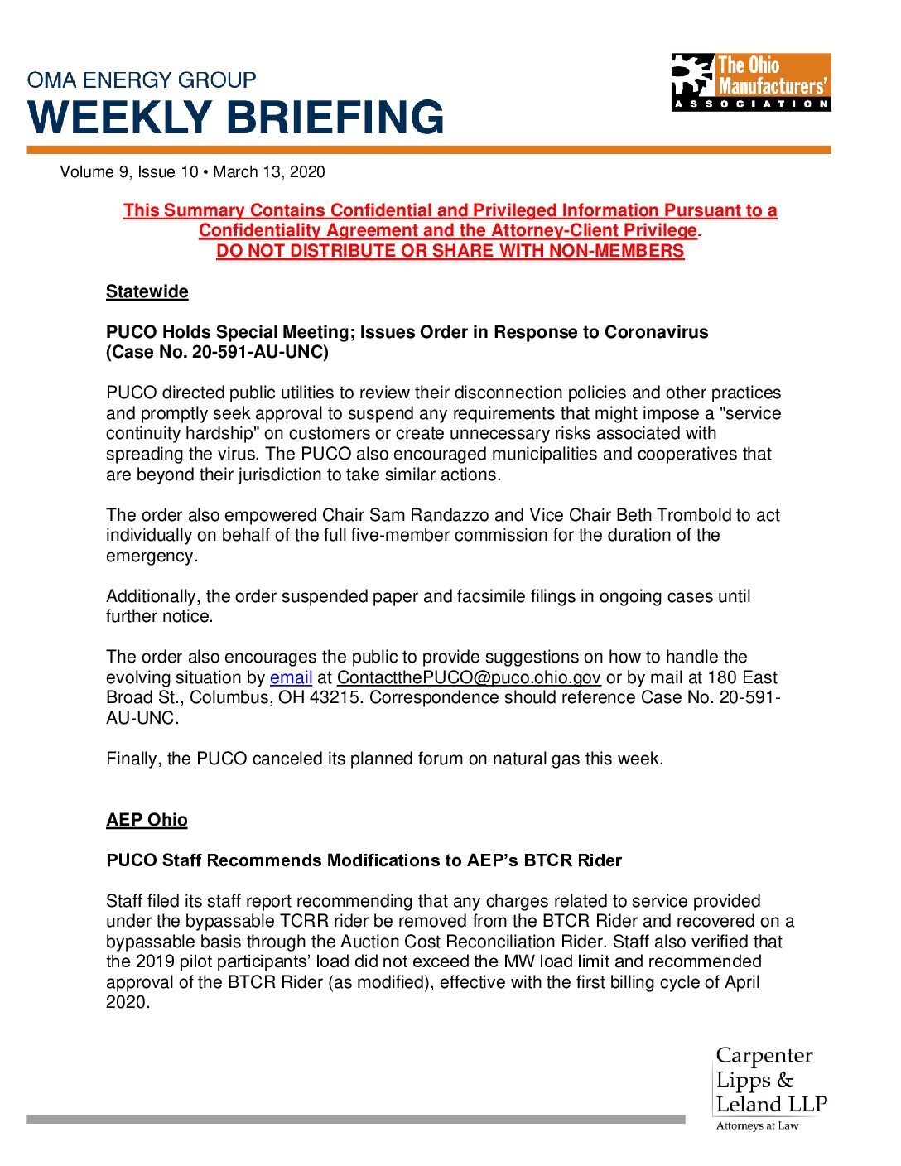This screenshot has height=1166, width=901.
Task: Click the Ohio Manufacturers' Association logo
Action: coord(750,82)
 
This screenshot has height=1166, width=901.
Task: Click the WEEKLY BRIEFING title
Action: coord(236,117)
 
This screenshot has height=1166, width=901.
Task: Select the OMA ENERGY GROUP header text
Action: coord(142,80)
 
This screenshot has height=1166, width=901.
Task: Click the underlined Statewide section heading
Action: coord(147,291)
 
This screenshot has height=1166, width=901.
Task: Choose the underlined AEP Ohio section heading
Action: coord(147,820)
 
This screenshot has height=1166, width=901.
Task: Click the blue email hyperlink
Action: coord(291,677)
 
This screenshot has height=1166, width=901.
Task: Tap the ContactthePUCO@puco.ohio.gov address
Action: coord(469,677)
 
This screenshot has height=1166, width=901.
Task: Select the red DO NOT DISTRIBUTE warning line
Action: coord(450,251)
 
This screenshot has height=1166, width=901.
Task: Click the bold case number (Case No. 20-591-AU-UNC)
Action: coord(217,352)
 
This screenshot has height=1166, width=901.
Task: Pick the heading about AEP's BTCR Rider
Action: coord(364,860)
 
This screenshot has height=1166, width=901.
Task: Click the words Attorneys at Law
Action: coord(757,1125)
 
